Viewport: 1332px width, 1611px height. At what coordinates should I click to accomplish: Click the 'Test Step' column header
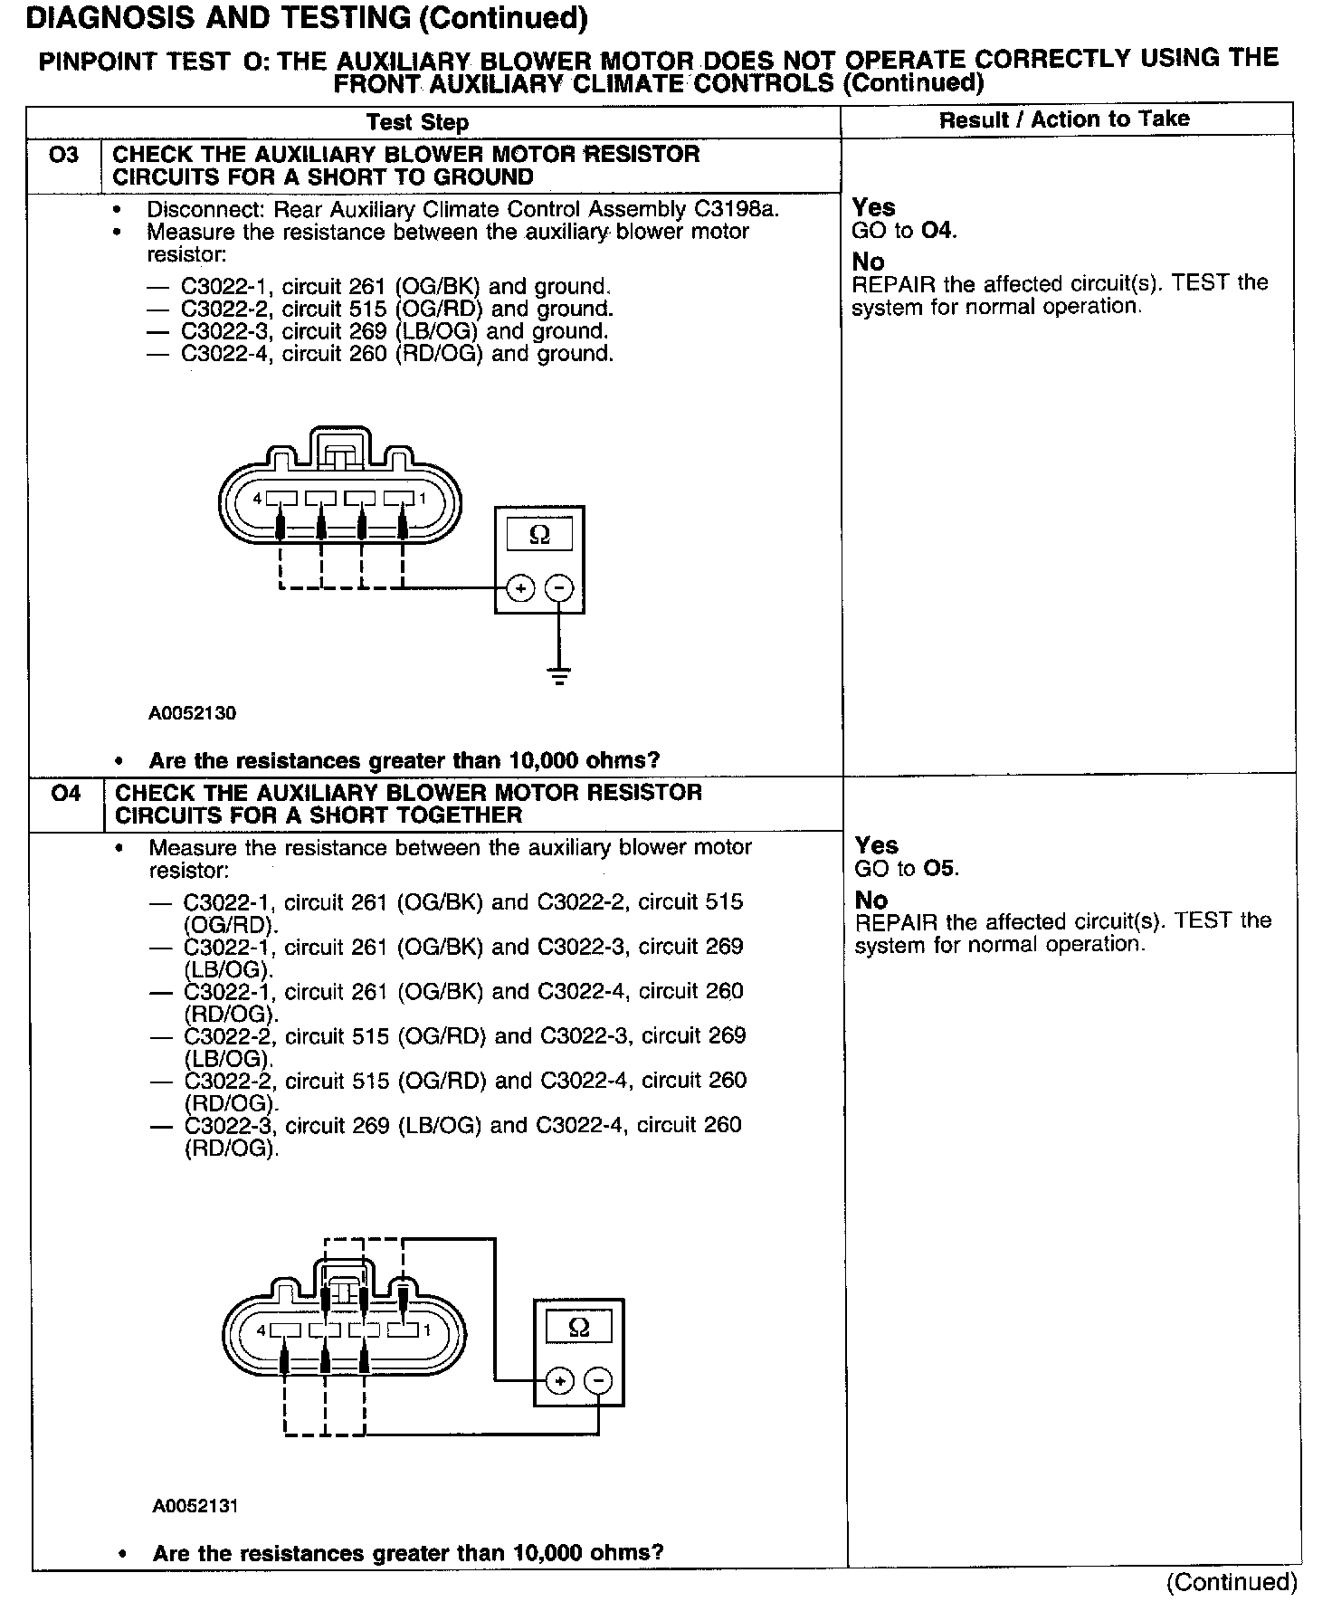[x=417, y=123]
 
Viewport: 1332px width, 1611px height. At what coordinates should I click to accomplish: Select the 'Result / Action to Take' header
[x=1064, y=119]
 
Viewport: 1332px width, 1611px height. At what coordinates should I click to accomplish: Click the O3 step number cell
[x=64, y=156]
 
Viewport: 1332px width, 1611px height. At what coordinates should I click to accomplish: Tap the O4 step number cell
[x=66, y=794]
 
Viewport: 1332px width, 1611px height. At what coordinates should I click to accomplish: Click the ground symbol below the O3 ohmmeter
[x=560, y=674]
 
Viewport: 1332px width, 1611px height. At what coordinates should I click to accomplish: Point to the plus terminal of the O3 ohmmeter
[x=520, y=588]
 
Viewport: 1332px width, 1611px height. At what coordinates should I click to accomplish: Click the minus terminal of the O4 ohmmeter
[x=598, y=1381]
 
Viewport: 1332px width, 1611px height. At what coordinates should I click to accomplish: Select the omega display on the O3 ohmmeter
[x=539, y=535]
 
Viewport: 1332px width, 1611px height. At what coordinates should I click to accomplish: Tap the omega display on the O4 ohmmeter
[x=579, y=1328]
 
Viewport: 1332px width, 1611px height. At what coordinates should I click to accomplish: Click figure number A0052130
[x=192, y=713]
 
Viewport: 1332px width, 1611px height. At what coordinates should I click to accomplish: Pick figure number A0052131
[x=195, y=1507]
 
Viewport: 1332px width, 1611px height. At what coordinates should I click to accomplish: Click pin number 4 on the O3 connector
[x=258, y=499]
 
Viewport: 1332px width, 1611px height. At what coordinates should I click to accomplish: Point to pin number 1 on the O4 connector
[x=427, y=1330]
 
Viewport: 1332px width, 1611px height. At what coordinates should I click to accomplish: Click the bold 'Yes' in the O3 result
[x=873, y=207]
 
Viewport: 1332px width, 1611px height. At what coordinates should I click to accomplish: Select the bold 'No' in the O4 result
[x=871, y=900]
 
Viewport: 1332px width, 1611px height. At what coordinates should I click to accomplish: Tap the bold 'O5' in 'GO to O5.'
[x=939, y=869]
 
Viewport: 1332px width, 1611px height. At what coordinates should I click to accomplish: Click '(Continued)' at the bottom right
[x=1232, y=1582]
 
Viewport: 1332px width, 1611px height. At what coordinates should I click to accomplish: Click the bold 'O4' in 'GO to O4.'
[x=937, y=231]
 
